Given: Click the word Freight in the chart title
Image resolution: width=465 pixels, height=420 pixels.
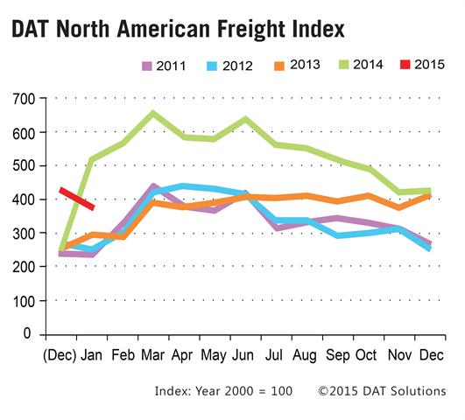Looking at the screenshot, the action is click(251, 30).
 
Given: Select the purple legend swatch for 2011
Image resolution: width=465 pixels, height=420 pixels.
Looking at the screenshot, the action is click(147, 66).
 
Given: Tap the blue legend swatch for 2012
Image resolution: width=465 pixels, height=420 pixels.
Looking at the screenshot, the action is click(212, 66).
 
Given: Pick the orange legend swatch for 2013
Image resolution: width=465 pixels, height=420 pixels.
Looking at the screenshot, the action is click(279, 66).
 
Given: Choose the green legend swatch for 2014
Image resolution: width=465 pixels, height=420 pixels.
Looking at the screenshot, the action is click(343, 65).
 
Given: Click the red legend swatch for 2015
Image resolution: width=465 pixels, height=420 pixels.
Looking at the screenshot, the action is click(405, 65).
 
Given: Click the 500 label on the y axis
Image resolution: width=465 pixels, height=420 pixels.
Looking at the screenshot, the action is click(24, 165).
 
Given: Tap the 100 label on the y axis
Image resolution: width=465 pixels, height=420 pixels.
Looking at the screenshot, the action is click(24, 300).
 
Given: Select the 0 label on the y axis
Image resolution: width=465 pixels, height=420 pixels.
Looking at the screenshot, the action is click(27, 333).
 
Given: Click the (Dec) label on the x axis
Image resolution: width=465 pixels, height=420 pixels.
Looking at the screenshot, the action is click(60, 355).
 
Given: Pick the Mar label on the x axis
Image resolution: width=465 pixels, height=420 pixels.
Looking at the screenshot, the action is click(152, 354).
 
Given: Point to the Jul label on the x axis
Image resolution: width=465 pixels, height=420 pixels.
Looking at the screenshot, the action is click(274, 354).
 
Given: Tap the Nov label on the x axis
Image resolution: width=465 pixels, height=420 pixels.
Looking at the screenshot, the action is click(399, 354).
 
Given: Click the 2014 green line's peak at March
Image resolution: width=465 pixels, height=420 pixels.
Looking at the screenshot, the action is click(152, 114).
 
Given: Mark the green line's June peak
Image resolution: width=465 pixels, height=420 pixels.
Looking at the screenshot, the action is click(246, 120).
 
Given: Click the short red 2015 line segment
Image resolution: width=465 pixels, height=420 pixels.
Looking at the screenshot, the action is click(77, 199).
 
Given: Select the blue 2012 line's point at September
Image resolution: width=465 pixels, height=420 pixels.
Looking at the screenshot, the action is click(338, 236).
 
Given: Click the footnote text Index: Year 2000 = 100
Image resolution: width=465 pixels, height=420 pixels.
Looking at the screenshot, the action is click(223, 391).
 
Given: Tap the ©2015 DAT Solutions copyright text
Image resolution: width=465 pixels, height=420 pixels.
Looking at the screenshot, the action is click(382, 391).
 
